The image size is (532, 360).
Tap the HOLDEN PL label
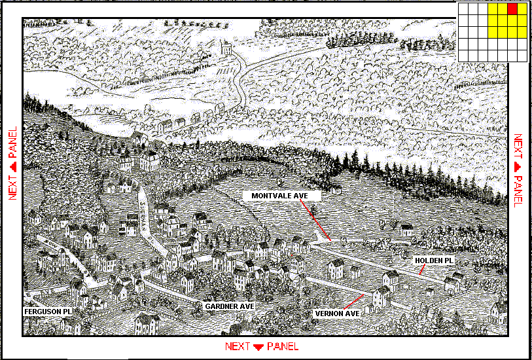pyautogui.click(x=433, y=261)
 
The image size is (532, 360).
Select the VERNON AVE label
pyautogui.click(x=338, y=314)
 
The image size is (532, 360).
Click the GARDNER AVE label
pyautogui.click(x=229, y=306)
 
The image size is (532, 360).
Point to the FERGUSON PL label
pyautogui.click(x=47, y=312)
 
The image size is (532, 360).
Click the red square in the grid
pyautogui.click(x=512, y=9)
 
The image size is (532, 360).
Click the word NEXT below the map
pyautogui.click(x=238, y=346)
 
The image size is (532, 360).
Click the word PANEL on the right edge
pyautogui.click(x=518, y=190)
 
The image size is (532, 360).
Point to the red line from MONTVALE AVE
pyautogui.click(x=316, y=220)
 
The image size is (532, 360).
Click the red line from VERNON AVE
pyautogui.click(x=353, y=302)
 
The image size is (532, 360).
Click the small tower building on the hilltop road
pyautogui.click(x=226, y=48)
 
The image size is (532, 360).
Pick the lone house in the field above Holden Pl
pyautogui.click(x=406, y=230)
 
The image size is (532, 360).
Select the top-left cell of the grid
pyautogui.click(x=463, y=9)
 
